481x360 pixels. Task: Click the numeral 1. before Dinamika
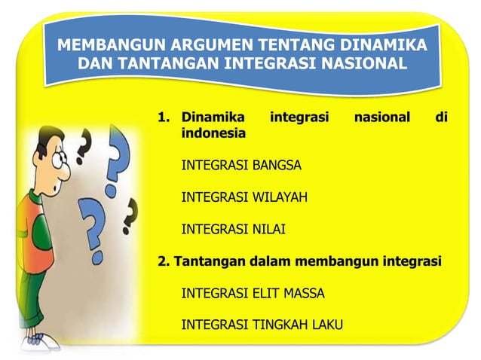pos(164,117)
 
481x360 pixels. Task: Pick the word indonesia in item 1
pos(213,133)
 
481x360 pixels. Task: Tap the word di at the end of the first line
pos(443,117)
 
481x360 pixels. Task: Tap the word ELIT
pos(265,293)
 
